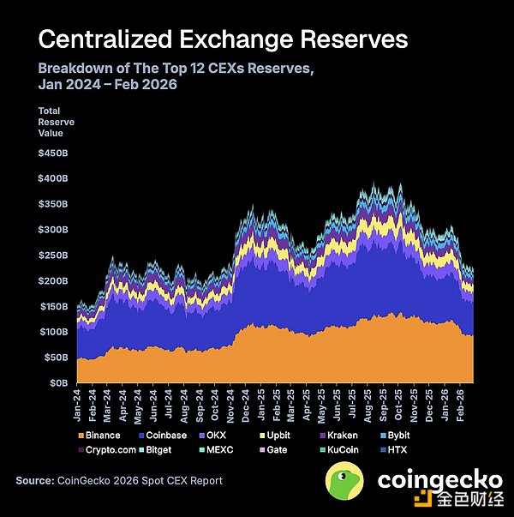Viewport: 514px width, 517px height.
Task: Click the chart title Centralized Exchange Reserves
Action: coord(223,39)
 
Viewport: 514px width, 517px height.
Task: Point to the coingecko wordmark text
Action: coord(435,480)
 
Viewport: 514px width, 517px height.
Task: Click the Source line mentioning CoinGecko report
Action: coord(119,481)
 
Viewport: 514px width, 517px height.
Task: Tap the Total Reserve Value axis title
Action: coord(57,123)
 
